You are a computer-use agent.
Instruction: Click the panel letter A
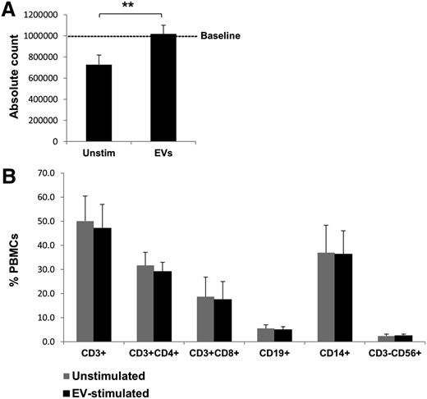coord(10,10)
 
